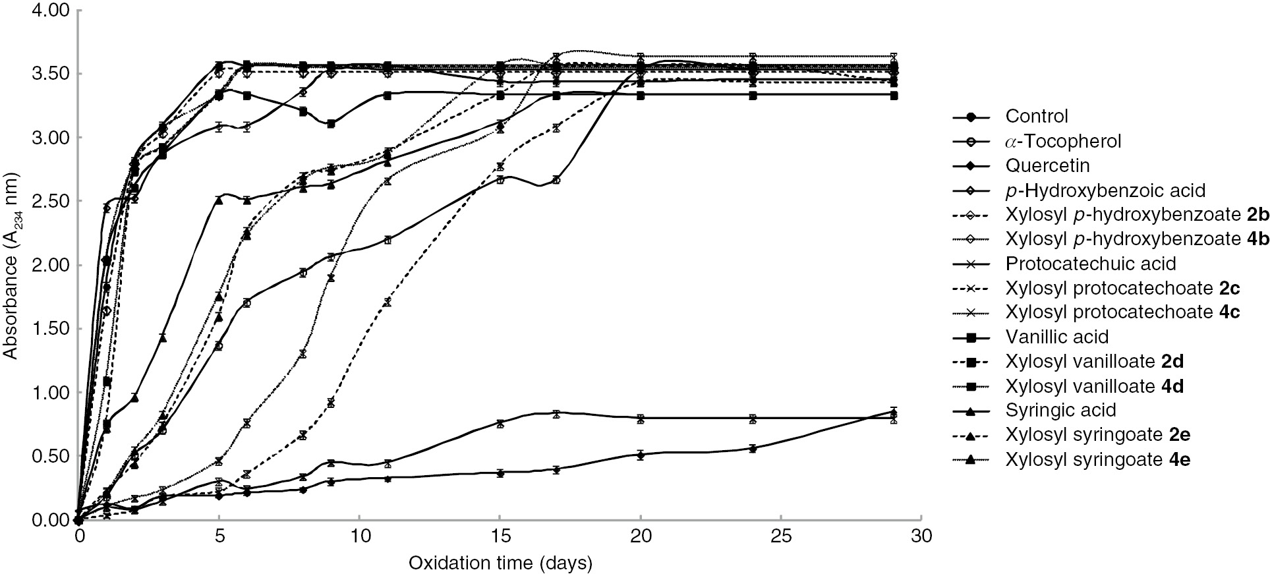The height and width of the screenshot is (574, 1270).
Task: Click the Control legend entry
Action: pos(1036,117)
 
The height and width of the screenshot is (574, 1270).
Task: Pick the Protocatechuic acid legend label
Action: pos(1090,264)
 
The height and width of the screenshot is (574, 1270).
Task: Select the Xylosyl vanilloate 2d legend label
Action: pos(1095,361)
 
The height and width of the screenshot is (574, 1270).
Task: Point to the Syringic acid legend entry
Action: pos(1060,410)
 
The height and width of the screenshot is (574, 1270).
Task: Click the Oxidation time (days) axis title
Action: pos(500,563)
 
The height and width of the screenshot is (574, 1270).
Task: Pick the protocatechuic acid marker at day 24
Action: pos(753,418)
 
